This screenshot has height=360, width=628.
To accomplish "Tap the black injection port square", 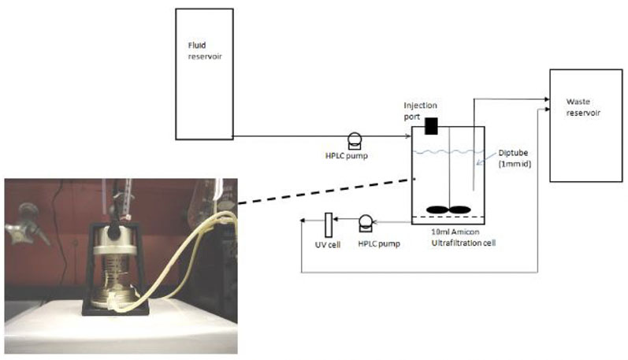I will click(431, 124).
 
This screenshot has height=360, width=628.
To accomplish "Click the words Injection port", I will click(420, 109).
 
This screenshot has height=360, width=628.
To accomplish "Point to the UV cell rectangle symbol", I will click(328, 224).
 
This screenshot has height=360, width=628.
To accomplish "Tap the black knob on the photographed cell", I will click(117, 232).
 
